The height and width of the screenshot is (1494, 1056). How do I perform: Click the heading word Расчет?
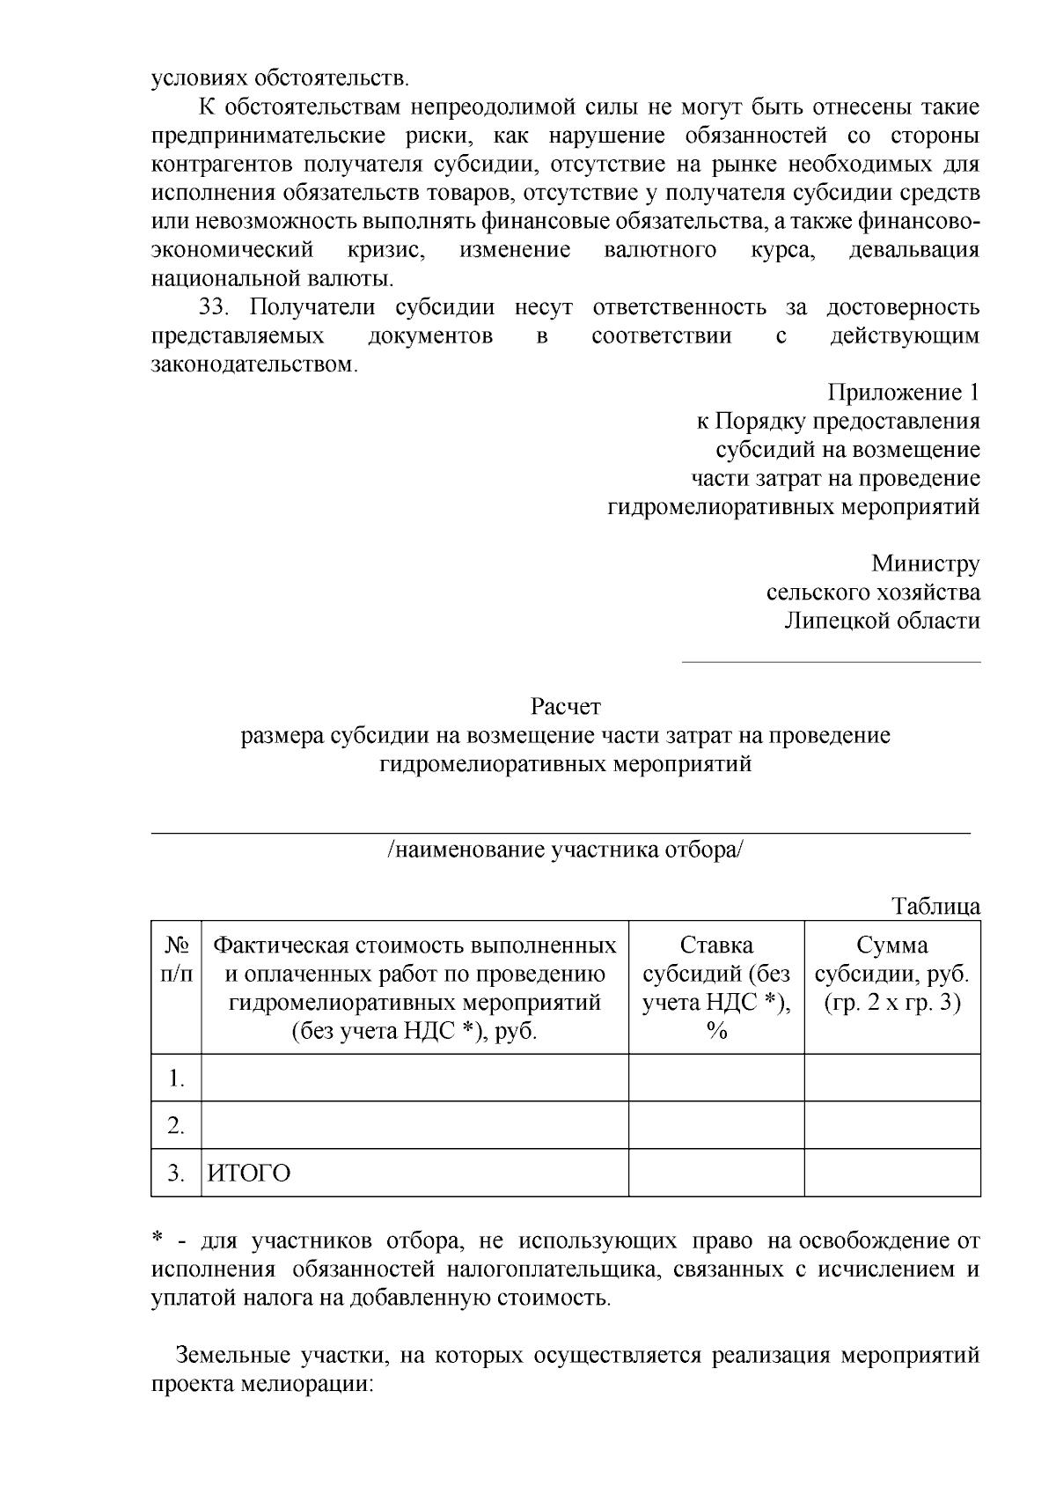coord(565,706)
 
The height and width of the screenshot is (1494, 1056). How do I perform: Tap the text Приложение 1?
coord(903,393)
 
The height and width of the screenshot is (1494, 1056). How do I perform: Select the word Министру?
coord(925,563)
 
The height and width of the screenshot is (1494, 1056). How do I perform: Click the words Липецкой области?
coord(882,622)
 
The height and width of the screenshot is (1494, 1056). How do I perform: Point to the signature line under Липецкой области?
coord(832,661)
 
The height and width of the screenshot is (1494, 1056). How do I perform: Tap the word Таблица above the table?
coord(935,906)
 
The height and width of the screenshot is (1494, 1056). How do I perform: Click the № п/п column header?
coord(177,960)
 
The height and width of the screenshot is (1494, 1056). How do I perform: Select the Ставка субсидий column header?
coord(716,988)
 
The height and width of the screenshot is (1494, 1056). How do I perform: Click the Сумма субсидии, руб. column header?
coord(892,974)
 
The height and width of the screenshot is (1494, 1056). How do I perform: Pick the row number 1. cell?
coord(177,1078)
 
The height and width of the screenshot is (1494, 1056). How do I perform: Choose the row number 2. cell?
coord(177,1126)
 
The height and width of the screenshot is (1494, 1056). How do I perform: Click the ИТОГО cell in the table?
coord(249,1174)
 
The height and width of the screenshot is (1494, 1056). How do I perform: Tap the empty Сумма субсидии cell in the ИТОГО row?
coord(892,1173)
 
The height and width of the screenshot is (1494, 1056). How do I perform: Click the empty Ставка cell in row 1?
coord(716,1078)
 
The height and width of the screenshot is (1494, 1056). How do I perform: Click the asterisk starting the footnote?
coord(158,1240)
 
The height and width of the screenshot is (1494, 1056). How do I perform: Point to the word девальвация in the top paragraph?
coord(913,250)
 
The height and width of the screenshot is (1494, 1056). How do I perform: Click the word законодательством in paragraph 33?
coord(253,364)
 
